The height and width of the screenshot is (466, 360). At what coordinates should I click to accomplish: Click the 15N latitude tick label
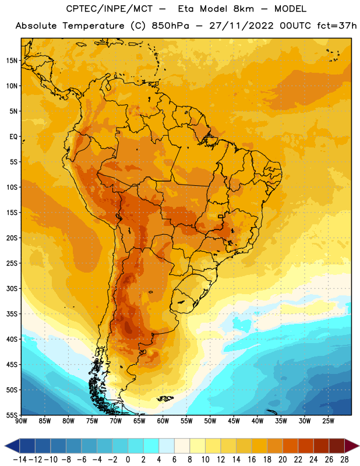pos(12,61)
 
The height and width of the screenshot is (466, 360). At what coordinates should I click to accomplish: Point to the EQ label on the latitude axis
pos(13,137)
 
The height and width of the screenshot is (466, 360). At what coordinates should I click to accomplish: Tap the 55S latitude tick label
pos(12,415)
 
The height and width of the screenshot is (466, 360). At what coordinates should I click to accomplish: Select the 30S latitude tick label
pos(12,288)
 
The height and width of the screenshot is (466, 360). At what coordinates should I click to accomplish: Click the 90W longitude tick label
pos(21,421)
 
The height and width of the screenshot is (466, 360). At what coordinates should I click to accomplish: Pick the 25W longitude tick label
pos(328,421)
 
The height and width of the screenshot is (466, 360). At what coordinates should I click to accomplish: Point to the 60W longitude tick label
pos(163,421)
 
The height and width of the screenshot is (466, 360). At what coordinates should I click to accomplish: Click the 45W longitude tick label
pos(234,421)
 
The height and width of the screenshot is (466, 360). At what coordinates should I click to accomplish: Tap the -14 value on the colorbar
pos(20,460)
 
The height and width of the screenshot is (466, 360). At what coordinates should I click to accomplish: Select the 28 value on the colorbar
pos(344,460)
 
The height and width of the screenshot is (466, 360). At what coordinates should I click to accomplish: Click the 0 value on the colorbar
pos(128,460)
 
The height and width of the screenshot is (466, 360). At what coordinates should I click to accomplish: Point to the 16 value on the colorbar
pos(252,460)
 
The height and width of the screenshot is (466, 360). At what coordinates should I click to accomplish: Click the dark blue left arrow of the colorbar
pos(12,446)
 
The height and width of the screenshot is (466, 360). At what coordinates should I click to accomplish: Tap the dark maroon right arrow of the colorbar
pos(352,446)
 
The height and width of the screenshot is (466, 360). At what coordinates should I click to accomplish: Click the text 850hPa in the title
pos(170,26)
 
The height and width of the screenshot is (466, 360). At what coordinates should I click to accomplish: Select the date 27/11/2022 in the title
pos(241,26)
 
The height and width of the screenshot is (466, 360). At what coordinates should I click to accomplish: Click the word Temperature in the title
pos(93,26)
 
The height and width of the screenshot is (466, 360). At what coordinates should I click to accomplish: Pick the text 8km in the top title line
pos(243,9)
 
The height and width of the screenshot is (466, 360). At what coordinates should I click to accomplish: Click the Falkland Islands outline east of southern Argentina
pos(165,398)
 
